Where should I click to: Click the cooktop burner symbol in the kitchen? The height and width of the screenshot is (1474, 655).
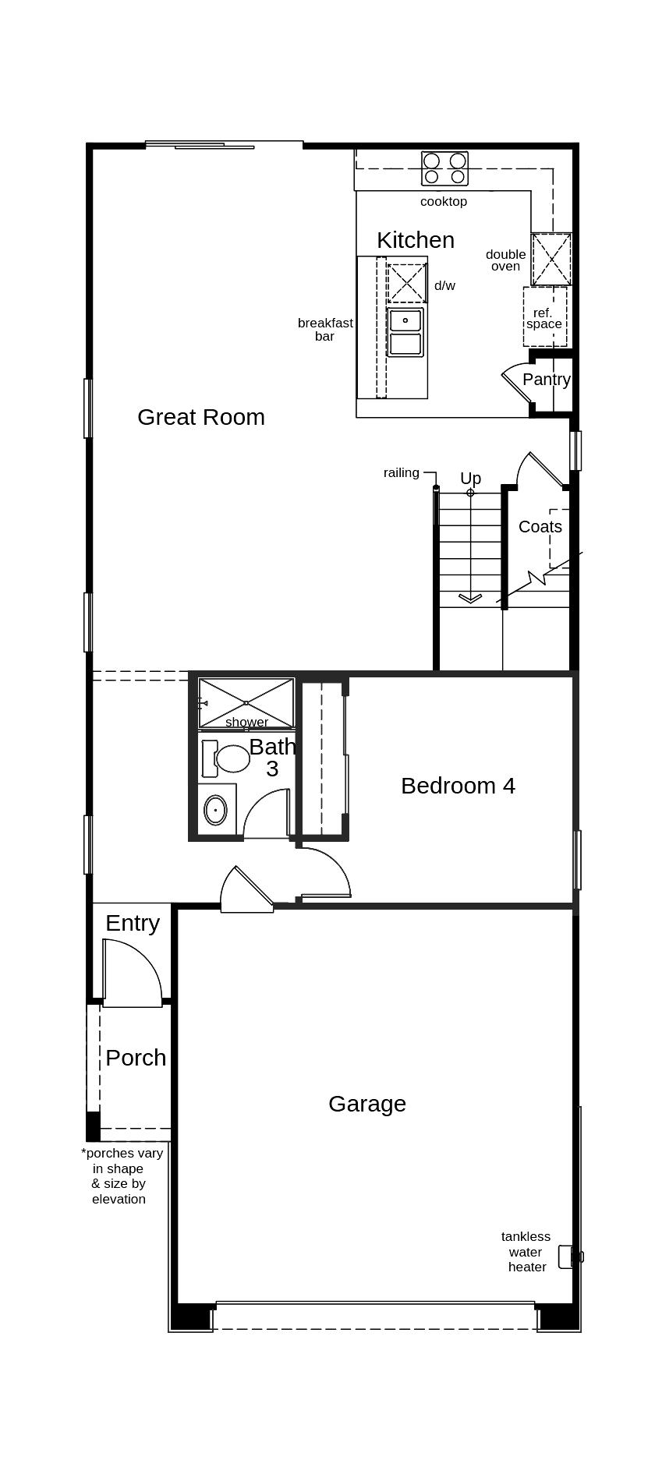[444, 168]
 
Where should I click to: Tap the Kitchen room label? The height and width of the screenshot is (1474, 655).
[416, 240]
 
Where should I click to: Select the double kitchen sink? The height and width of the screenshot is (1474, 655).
[405, 332]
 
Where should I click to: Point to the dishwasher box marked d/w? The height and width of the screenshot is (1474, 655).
[407, 283]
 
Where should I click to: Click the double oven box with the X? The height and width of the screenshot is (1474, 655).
[551, 259]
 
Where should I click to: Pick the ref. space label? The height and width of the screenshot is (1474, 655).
[543, 318]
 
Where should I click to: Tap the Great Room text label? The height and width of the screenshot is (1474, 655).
[201, 417]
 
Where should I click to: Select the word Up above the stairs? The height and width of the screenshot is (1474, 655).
[470, 478]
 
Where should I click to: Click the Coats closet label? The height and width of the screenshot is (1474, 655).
[540, 527]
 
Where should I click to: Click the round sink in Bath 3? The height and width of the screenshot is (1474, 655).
[216, 811]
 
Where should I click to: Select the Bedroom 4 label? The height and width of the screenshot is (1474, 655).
[458, 786]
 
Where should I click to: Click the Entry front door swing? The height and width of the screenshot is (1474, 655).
[130, 973]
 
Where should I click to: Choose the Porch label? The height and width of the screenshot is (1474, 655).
[136, 1058]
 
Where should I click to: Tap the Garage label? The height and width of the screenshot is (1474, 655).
[366, 1104]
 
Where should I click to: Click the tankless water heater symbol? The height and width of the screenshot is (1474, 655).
[571, 1257]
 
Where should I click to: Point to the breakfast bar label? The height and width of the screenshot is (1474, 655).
[325, 329]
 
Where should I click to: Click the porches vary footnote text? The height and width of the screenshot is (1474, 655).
[121, 1175]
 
